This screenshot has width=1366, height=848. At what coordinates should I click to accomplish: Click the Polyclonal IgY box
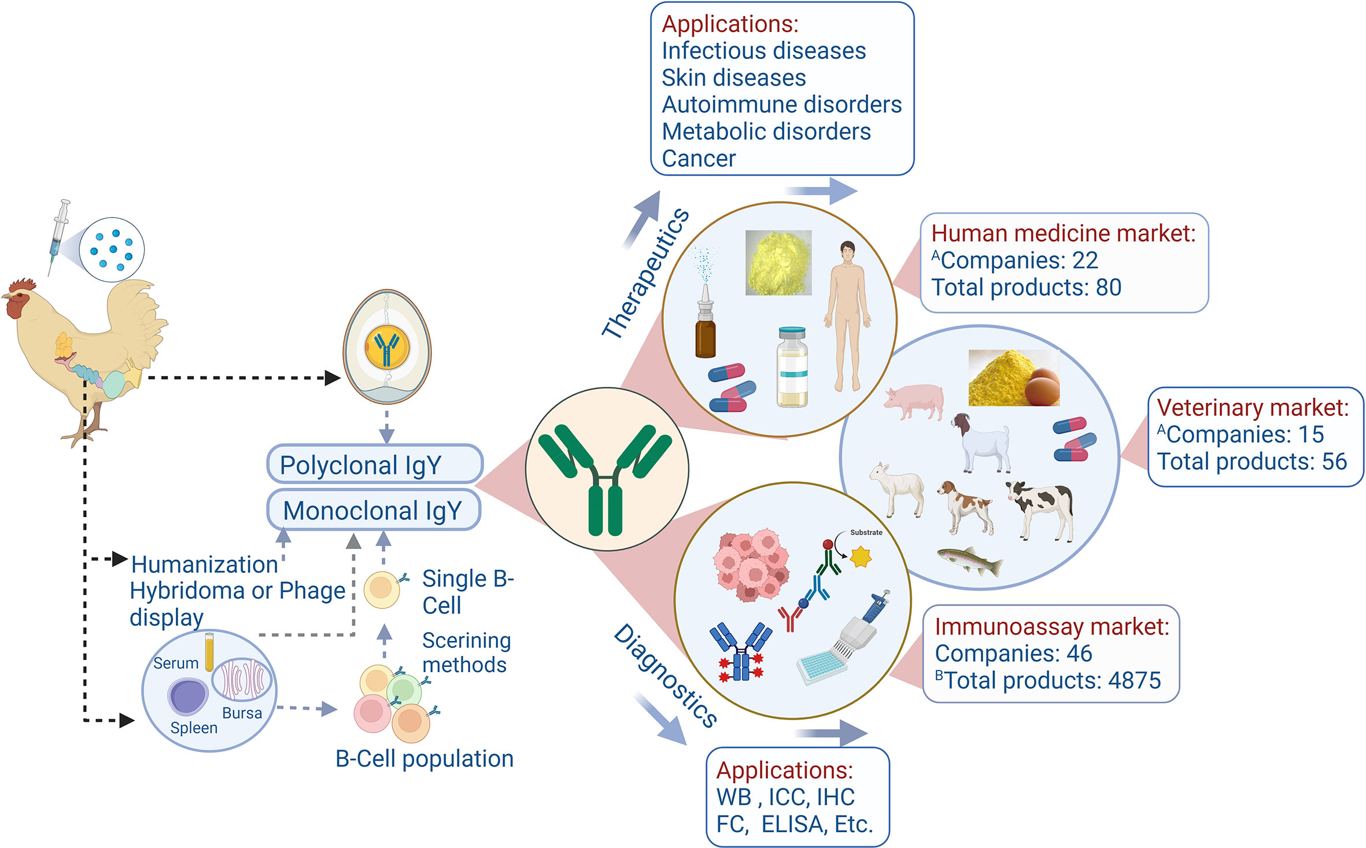(x=374, y=464)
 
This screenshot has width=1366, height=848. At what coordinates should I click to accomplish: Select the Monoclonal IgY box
(x=373, y=510)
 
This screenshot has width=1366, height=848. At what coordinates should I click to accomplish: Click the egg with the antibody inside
(x=387, y=347)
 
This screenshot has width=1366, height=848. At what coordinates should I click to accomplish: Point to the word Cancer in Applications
(x=699, y=158)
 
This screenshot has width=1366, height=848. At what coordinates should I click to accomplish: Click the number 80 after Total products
(x=1108, y=287)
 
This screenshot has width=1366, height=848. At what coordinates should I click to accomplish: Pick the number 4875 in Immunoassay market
(x=1134, y=681)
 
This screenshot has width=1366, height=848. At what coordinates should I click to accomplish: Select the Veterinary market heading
(x=1253, y=408)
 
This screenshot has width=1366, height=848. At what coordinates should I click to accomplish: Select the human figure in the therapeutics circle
(x=847, y=315)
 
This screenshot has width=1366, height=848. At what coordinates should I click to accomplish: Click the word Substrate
(x=866, y=532)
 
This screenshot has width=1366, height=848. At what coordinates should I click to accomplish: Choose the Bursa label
(x=242, y=713)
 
